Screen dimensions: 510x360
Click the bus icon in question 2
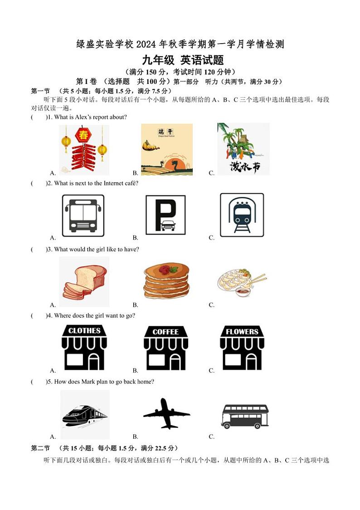click(x=83, y=216)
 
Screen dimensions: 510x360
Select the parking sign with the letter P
click(x=165, y=215)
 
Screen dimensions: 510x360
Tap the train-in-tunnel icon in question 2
click(x=242, y=215)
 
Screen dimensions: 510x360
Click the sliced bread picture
click(x=84, y=281)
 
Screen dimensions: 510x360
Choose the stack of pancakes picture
click(x=166, y=281)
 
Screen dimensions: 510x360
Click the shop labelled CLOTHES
click(x=84, y=348)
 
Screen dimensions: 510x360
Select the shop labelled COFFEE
click(x=165, y=348)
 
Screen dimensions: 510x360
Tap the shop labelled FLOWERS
click(x=242, y=348)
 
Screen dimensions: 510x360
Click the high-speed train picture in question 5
click(x=85, y=414)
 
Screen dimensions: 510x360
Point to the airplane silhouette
click(x=166, y=413)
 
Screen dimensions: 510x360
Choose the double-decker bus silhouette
click(x=245, y=416)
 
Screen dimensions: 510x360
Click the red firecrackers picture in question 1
click(x=84, y=150)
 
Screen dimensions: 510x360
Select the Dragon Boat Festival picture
click(x=166, y=149)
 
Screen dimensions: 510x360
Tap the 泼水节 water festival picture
click(x=243, y=149)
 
